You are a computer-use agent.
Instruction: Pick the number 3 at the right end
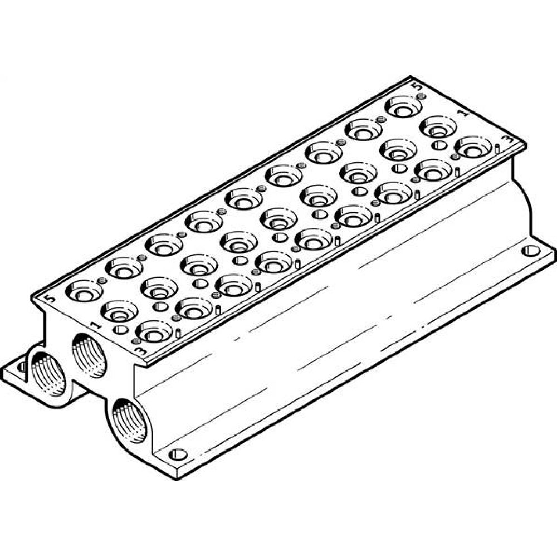pyautogui.click(x=506, y=139)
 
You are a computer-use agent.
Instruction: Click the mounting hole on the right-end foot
pyautogui.click(x=532, y=250)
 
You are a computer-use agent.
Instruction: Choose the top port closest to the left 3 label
pyautogui.click(x=154, y=331)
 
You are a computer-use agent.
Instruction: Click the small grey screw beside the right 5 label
pyautogui.click(x=421, y=96)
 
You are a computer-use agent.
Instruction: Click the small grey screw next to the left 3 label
pyautogui.click(x=135, y=340)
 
